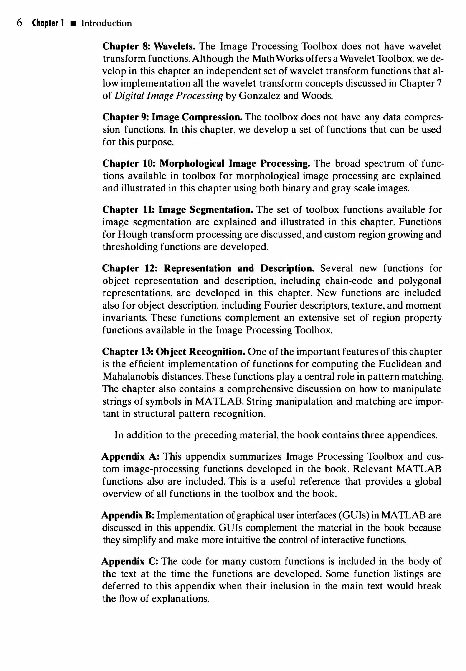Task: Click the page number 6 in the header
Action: pyautogui.click(x=19, y=23)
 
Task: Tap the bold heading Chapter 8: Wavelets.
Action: pyautogui.click(x=149, y=46)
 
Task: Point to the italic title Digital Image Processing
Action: pyautogui.click(x=169, y=96)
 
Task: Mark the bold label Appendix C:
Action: pyautogui.click(x=130, y=561)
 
